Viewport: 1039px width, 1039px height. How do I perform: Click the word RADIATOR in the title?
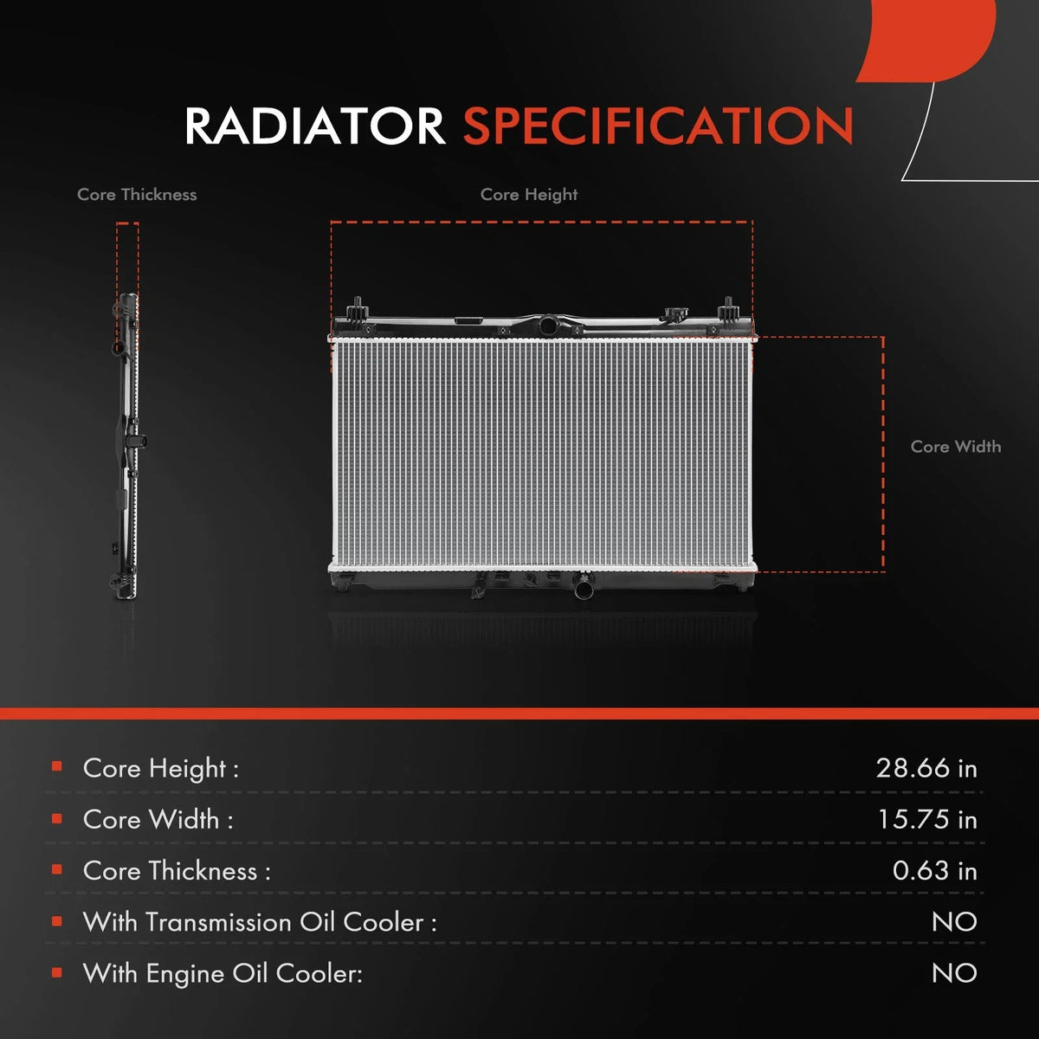click(x=315, y=126)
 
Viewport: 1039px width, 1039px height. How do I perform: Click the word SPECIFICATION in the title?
click(x=658, y=126)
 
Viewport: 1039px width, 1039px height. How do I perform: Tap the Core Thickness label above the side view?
click(x=137, y=195)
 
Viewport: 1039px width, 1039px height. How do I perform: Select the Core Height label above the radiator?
click(x=529, y=195)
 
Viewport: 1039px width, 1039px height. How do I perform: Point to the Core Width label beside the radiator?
click(x=955, y=447)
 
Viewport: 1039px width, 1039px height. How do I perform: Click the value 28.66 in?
click(x=926, y=768)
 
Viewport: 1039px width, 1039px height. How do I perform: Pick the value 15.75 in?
click(x=927, y=819)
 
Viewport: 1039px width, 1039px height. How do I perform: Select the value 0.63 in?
click(x=934, y=870)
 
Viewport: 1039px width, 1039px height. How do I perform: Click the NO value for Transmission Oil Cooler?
click(x=954, y=922)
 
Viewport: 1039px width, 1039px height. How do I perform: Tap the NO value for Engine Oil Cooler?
click(x=954, y=973)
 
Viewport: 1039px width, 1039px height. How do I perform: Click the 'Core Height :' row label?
click(x=161, y=768)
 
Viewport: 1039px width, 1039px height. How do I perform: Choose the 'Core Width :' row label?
click(x=158, y=820)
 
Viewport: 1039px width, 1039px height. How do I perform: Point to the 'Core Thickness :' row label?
click(x=177, y=871)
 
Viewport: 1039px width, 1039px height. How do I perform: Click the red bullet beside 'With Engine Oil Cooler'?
click(x=56, y=972)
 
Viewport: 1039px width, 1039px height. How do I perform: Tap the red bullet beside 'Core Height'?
click(x=56, y=767)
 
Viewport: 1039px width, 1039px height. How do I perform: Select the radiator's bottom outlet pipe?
click(x=584, y=588)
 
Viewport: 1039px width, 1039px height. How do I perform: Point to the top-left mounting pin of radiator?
click(x=358, y=308)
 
